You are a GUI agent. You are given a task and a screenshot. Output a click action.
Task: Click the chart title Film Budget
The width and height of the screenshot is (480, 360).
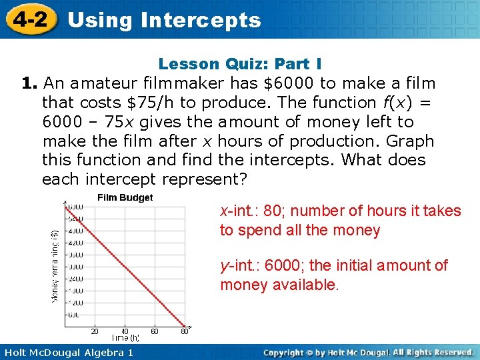pyautogui.click(x=125, y=197)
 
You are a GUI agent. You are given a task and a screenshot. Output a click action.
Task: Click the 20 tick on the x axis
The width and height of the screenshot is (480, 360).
pyautogui.click(x=95, y=331)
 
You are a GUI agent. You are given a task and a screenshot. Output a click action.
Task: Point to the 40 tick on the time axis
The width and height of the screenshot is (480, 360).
pyautogui.click(x=125, y=331)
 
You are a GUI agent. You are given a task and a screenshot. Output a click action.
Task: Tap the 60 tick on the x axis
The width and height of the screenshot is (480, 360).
pyautogui.click(x=155, y=331)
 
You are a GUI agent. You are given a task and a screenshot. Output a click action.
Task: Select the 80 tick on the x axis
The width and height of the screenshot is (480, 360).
pyautogui.click(x=185, y=331)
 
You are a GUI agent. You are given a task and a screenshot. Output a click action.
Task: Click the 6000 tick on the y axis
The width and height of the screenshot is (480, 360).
pyautogui.click(x=75, y=206)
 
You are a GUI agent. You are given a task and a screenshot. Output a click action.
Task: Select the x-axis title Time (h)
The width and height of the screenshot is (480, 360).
pyautogui.click(x=125, y=339)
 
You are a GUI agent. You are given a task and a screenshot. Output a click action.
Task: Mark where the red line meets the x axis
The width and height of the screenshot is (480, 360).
pyautogui.click(x=185, y=327)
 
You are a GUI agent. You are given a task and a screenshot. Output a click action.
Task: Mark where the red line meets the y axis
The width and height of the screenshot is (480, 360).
pyautogui.click(x=65, y=206)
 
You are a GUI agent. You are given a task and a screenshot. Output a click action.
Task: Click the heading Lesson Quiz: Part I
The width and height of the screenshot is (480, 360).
pyautogui.click(x=240, y=64)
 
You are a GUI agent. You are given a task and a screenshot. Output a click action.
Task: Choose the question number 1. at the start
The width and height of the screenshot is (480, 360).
pyautogui.click(x=28, y=83)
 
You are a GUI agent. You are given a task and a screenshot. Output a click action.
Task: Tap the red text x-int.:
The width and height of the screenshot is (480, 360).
pyautogui.click(x=239, y=211)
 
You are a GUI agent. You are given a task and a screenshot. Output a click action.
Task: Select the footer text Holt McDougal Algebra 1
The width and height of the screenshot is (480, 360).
pyautogui.click(x=67, y=352)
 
